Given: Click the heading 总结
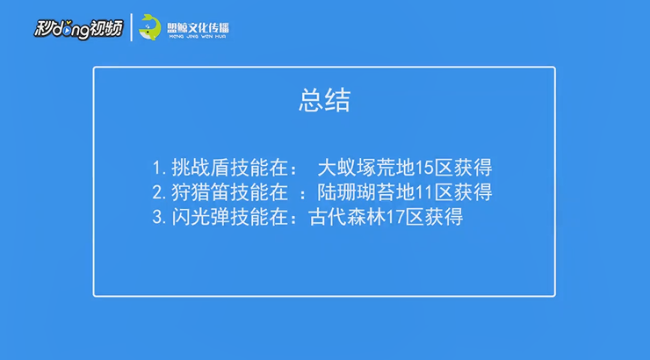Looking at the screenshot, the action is [x=325, y=100].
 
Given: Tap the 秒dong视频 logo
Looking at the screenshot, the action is [x=78, y=29].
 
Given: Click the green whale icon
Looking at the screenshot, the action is [x=149, y=27].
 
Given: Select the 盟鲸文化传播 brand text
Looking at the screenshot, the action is [x=198, y=30].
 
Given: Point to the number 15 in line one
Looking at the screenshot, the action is [x=424, y=168].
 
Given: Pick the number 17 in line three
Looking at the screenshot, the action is [x=395, y=217].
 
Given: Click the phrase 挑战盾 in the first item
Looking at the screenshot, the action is [x=200, y=168].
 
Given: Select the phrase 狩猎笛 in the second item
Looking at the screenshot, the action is [x=200, y=192].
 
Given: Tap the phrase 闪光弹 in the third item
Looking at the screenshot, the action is [x=200, y=217].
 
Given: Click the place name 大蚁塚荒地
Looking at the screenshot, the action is [x=366, y=168].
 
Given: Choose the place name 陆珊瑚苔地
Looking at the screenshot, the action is [x=366, y=192].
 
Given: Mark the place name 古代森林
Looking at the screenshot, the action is [x=347, y=217].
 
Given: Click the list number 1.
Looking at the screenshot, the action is [x=157, y=169].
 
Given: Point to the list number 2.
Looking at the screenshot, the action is [x=157, y=192].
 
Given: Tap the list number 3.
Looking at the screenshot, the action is [x=157, y=217].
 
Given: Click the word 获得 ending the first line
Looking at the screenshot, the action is [x=473, y=168].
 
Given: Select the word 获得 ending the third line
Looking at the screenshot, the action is [x=444, y=217].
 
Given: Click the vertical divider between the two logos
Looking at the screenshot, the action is [x=132, y=27].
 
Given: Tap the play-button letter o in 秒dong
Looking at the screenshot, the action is [x=67, y=31].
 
